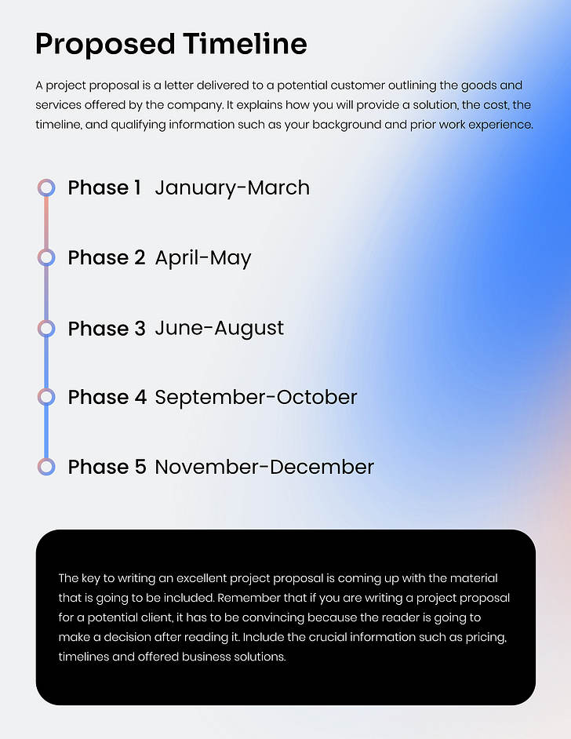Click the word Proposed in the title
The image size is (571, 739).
click(x=104, y=45)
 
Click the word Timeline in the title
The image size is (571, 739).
click(x=245, y=43)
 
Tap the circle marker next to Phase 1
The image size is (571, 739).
click(x=46, y=187)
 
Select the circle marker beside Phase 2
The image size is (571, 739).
click(x=46, y=257)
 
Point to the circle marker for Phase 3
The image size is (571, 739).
click(x=46, y=328)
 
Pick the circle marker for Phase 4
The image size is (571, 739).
click(x=46, y=397)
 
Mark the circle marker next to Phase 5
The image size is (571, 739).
click(x=46, y=467)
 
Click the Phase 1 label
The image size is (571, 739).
click(x=104, y=187)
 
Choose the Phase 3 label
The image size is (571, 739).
click(x=107, y=328)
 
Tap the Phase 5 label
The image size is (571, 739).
click(x=107, y=467)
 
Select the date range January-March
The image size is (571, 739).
click(x=232, y=187)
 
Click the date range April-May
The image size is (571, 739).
click(x=203, y=258)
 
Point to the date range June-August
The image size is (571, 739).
click(x=220, y=328)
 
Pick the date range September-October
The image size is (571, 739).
click(x=256, y=397)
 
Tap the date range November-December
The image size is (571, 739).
click(x=264, y=467)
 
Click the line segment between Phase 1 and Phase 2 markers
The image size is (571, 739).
click(x=46, y=223)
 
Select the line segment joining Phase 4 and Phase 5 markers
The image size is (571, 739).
click(x=46, y=432)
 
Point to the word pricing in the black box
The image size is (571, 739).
click(x=486, y=637)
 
